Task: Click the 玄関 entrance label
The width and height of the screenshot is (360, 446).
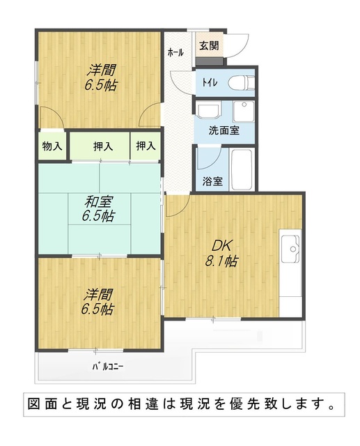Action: click(209, 45)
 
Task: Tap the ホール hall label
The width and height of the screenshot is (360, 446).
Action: click(175, 53)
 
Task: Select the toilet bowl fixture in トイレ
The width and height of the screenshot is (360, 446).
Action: click(241, 82)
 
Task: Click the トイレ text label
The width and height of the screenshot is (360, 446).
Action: click(210, 83)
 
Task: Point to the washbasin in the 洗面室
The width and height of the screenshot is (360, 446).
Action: click(208, 111)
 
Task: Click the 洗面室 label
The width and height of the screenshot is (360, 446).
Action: click(224, 130)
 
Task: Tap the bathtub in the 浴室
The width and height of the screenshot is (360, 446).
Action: click(242, 169)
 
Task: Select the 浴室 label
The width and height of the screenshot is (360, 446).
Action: click(212, 181)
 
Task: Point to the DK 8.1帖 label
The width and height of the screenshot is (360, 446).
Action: click(221, 253)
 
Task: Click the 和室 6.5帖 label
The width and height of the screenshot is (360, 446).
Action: click(98, 209)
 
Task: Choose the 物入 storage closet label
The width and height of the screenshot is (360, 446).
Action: click(52, 146)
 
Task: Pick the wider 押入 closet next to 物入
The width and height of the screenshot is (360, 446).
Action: click(103, 146)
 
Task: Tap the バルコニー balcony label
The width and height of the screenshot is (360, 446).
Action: click(108, 367)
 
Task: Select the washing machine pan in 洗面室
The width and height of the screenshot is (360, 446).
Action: click(244, 111)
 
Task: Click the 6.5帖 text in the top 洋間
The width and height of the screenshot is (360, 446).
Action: click(101, 85)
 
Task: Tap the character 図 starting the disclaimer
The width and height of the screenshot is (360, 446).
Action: click(35, 404)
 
